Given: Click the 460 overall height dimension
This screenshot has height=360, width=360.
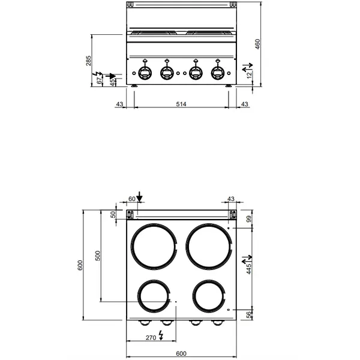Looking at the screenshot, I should [x=258, y=45].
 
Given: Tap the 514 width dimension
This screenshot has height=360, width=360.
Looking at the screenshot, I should [x=181, y=104].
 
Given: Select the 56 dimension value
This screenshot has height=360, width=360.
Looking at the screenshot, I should [x=249, y=316].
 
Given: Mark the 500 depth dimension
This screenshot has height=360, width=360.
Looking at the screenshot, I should [x=98, y=256].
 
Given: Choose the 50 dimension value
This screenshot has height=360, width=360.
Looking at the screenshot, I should [x=113, y=215].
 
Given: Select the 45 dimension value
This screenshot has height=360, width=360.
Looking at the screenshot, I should [x=112, y=80].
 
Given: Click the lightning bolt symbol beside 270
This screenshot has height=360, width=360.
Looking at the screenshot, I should [x=160, y=336].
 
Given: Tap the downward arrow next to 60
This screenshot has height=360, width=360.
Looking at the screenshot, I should [x=139, y=197].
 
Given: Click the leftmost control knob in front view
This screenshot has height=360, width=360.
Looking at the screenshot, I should [x=145, y=72].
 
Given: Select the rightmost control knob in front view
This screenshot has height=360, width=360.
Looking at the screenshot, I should [x=217, y=72].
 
